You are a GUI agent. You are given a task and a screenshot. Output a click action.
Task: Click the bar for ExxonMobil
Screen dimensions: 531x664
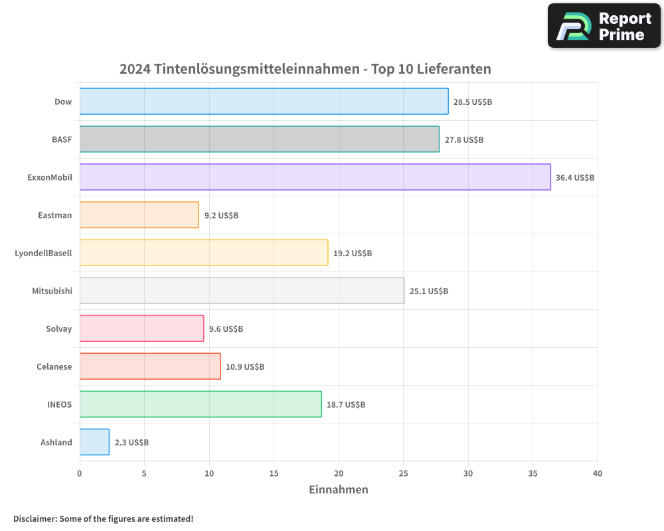pos(315,177)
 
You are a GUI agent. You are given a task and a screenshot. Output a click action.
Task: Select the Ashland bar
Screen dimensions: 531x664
pos(94,442)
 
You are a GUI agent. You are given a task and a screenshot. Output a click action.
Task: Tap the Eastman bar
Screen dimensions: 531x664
pos(139,215)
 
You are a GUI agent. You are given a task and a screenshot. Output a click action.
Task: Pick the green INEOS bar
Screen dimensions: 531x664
pos(201,404)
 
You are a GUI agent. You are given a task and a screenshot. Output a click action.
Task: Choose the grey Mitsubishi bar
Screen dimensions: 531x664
pos(242,291)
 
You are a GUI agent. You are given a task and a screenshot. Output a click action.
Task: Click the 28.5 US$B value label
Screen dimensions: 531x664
pos(472,102)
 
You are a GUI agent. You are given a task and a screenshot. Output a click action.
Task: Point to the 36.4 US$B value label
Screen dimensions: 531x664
pos(574,178)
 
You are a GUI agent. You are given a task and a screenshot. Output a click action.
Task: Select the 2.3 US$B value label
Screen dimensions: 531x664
pos(131,443)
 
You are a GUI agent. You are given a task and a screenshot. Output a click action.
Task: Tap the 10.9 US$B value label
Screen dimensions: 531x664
pos(244,367)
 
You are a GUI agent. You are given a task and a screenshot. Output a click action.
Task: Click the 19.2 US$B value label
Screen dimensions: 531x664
pos(352,254)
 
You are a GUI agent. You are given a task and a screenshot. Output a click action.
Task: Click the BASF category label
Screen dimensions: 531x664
pos(62,140)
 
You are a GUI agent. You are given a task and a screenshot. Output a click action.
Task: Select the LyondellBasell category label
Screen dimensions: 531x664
pos(43,253)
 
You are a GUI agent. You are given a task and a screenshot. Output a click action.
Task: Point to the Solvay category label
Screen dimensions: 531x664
pos(58,329)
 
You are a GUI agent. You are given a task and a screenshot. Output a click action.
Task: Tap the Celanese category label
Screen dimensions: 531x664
pos(54,367)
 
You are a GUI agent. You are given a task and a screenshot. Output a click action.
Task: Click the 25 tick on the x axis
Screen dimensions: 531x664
pos(403,473)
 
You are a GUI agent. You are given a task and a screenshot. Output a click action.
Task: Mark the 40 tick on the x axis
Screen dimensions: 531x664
pos(598,473)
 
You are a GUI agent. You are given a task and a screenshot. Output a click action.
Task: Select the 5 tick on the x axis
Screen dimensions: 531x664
pos(144,473)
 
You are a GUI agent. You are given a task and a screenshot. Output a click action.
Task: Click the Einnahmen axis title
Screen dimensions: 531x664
pos(338,490)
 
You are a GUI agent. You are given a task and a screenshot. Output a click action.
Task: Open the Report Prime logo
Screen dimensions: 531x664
pos(604,26)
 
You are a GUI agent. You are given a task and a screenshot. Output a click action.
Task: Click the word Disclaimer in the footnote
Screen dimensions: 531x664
pos(35,518)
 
